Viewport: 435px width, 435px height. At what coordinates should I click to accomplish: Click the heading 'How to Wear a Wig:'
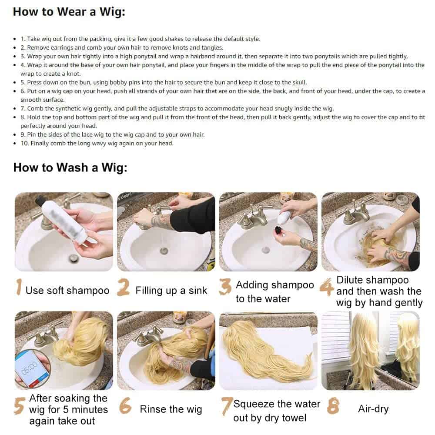pyautogui.click(x=69, y=12)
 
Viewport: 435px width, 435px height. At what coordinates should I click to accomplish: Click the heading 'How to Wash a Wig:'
pyautogui.click(x=70, y=167)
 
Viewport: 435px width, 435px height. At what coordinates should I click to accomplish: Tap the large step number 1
pyautogui.click(x=19, y=287)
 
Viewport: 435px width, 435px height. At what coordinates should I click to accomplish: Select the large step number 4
pyautogui.click(x=327, y=288)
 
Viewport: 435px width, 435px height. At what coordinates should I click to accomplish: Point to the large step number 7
pyautogui.click(x=227, y=406)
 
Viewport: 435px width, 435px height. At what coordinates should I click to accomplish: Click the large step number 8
pyautogui.click(x=333, y=406)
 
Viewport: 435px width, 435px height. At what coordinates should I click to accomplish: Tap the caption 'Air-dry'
pyautogui.click(x=373, y=408)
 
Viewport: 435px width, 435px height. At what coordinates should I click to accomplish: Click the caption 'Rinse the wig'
pyautogui.click(x=171, y=409)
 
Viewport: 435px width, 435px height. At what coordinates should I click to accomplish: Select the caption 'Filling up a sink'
pyautogui.click(x=171, y=291)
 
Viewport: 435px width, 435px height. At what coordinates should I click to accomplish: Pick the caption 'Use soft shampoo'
pyautogui.click(x=67, y=291)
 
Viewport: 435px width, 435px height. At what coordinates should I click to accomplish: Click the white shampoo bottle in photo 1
pyautogui.click(x=64, y=221)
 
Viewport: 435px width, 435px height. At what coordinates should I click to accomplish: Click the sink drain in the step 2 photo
pyautogui.click(x=164, y=251)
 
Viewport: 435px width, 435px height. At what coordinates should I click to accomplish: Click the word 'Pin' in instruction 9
pyautogui.click(x=31, y=134)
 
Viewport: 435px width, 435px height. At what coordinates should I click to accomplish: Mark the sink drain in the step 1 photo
pyautogui.click(x=74, y=258)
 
